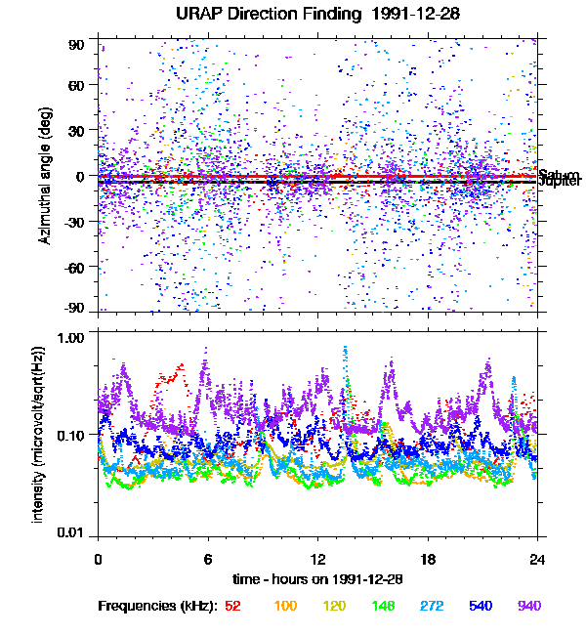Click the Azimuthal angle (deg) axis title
pos(46,177)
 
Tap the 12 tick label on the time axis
pos(317,561)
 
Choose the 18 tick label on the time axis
pos(428,561)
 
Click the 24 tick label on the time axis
pos(537,561)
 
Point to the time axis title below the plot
pos(318,579)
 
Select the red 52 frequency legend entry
pos(233,607)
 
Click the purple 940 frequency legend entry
pos(528,607)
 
